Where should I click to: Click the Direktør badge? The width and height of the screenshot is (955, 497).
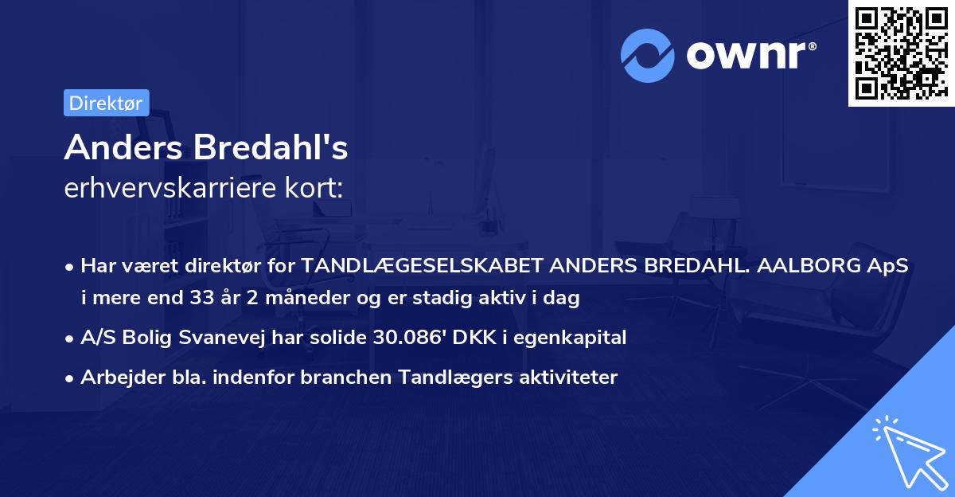tap(106, 102)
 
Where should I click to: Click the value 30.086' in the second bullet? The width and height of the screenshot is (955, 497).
tap(411, 338)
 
